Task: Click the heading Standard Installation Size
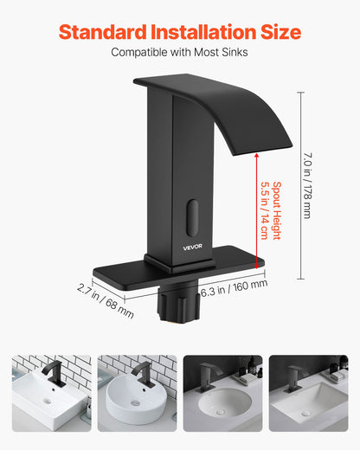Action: (180, 33)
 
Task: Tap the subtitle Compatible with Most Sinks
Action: (180, 53)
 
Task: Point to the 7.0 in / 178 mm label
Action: (307, 187)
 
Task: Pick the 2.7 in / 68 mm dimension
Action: (106, 299)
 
